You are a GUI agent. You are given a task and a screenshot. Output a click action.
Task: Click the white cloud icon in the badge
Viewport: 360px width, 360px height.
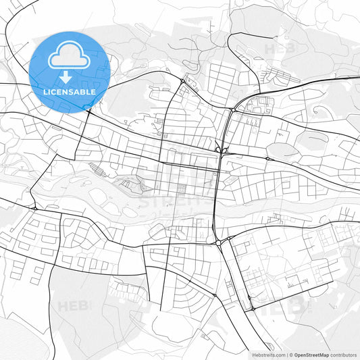pyautogui.click(x=69, y=56)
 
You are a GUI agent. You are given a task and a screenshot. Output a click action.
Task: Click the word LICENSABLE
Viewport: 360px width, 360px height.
pyautogui.click(x=69, y=91)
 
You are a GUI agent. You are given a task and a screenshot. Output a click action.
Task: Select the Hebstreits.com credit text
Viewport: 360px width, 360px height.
pyautogui.click(x=267, y=355)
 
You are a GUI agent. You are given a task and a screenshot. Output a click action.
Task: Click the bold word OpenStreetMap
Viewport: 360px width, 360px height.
pyautogui.click(x=311, y=355)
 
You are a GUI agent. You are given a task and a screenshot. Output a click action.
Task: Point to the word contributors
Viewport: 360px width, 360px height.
pyautogui.click(x=344, y=355)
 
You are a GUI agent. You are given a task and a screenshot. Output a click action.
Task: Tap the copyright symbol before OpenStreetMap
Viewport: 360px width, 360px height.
pyautogui.click(x=292, y=355)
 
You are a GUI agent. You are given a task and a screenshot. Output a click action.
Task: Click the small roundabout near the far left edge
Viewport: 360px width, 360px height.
pyautogui.click(x=34, y=209)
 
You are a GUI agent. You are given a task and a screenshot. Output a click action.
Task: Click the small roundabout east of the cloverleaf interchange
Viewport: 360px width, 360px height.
pyautogui.click(x=267, y=159)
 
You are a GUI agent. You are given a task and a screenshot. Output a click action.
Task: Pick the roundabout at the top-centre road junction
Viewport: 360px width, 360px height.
pyautogui.click(x=182, y=82)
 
